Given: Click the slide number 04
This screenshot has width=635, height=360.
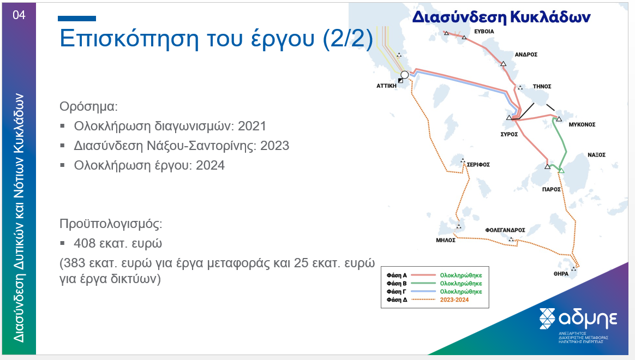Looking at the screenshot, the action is [x=19, y=15].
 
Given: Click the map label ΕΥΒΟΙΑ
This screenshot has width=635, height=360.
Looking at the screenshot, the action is [x=484, y=31].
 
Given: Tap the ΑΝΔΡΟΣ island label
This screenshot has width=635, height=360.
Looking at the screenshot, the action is [x=526, y=54].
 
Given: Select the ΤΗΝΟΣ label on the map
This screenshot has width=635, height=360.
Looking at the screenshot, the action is [x=542, y=86].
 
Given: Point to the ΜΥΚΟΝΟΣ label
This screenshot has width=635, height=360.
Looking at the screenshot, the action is [x=582, y=124].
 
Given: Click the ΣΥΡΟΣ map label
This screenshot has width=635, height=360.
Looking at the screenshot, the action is [x=509, y=134].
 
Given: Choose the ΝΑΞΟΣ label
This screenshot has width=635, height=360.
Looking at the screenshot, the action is [x=596, y=155].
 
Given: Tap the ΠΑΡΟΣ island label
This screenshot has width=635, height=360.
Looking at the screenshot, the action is [x=551, y=189].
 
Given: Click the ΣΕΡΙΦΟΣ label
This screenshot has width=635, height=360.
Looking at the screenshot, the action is [x=478, y=164].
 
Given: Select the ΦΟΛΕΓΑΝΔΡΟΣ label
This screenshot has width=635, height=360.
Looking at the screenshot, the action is [x=505, y=230].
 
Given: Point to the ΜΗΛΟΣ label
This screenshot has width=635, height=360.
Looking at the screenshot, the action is [x=446, y=240].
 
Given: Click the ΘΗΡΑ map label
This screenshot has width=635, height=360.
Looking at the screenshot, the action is [x=561, y=274].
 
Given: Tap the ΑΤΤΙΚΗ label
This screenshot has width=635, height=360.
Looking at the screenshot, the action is [x=386, y=86].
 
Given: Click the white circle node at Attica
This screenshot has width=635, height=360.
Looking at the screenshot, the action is [x=405, y=75].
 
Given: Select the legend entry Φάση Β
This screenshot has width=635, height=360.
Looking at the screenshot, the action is [x=397, y=284].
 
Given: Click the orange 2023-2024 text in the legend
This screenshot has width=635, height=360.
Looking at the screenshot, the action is [x=454, y=299].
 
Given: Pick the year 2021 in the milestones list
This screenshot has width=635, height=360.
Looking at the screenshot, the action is [x=252, y=126].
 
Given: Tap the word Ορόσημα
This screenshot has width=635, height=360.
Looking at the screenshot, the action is [x=88, y=106].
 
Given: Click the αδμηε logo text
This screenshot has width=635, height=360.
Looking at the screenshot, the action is [x=588, y=319].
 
